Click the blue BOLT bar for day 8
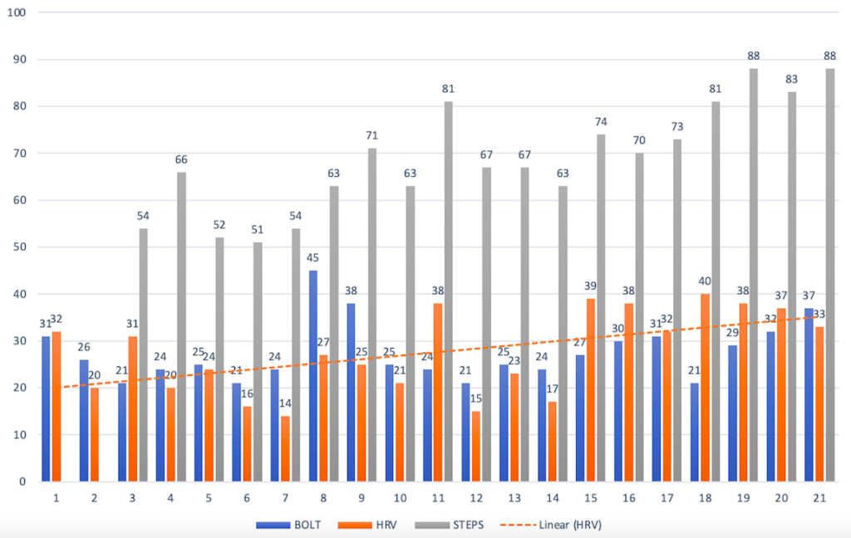[x=312, y=375]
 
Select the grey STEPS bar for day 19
[x=754, y=274]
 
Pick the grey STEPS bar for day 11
[x=449, y=291]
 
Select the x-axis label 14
[x=552, y=498]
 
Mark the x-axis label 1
[x=55, y=498]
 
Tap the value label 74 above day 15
[x=602, y=122]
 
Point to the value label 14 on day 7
[x=285, y=404]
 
